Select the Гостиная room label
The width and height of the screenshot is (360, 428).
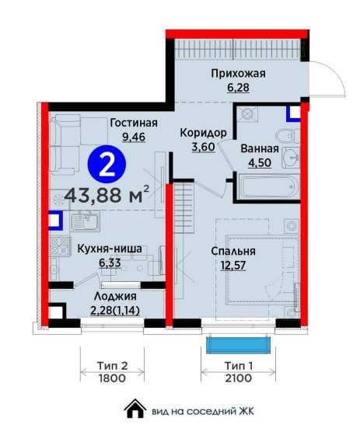pyautogui.click(x=134, y=123)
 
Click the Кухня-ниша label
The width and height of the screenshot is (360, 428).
pyautogui.click(x=110, y=249)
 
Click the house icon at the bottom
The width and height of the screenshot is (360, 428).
pyautogui.click(x=135, y=409)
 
